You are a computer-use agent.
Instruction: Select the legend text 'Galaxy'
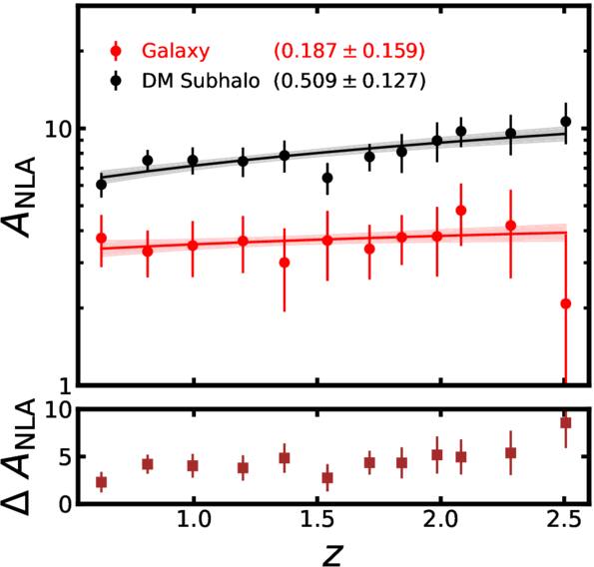point(169,49)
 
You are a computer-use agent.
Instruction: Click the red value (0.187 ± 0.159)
point(349,49)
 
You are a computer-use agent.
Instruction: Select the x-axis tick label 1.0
point(193,525)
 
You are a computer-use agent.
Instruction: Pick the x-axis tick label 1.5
point(316,525)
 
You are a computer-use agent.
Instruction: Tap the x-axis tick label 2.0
point(439,525)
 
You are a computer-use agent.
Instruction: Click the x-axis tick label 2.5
point(563,525)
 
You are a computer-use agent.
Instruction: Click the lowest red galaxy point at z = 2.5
point(565,303)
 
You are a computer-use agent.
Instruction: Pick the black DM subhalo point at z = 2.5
point(565,122)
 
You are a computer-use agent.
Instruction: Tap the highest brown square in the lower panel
point(565,423)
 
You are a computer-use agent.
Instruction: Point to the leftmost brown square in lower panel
point(101,482)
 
